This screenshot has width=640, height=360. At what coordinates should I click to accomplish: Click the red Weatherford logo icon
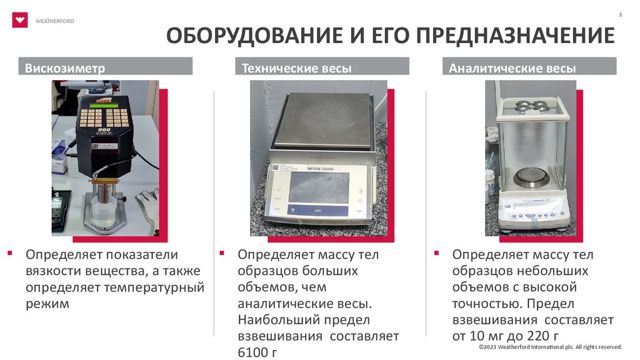click(x=19, y=20)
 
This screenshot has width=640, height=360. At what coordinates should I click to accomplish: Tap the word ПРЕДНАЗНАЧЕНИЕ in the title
click(x=515, y=36)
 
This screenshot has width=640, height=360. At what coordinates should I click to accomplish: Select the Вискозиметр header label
click(x=65, y=67)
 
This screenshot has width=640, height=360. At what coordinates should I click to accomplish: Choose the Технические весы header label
click(x=296, y=67)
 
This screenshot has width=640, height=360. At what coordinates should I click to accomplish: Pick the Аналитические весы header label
click(x=512, y=67)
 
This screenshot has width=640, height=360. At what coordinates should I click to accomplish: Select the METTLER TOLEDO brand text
click(x=321, y=169)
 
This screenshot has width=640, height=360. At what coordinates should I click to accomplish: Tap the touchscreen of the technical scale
click(x=319, y=187)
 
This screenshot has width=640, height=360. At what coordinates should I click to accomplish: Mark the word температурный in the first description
click(x=154, y=287)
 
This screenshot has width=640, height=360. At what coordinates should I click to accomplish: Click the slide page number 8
click(x=621, y=15)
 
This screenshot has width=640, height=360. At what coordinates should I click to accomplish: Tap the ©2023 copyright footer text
click(x=550, y=347)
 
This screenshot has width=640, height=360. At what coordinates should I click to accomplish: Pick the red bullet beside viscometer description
click(x=10, y=254)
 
